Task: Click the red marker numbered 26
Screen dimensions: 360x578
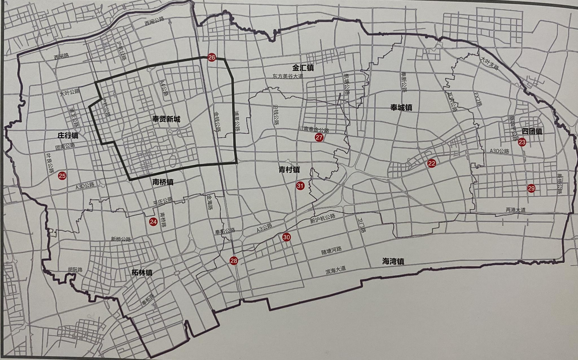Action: (x=211, y=58)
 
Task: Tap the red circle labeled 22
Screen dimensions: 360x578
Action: (x=431, y=163)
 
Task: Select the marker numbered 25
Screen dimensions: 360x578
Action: (x=62, y=176)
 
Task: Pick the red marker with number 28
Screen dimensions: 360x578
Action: (x=234, y=261)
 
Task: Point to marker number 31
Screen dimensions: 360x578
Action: (x=300, y=186)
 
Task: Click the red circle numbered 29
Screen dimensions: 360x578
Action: (x=531, y=188)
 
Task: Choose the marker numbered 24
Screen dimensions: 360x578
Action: (x=153, y=222)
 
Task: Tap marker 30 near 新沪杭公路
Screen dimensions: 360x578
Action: (x=286, y=237)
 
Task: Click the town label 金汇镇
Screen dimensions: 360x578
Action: (x=303, y=68)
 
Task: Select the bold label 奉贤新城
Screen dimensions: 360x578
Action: (x=166, y=119)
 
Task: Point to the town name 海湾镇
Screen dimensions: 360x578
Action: (x=393, y=261)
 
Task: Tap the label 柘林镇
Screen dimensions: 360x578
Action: (x=142, y=272)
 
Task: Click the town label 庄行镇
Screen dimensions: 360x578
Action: (x=68, y=136)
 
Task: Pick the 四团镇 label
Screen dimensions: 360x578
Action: (x=532, y=131)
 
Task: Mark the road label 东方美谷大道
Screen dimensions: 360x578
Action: (x=288, y=76)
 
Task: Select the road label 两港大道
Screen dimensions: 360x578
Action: (x=516, y=210)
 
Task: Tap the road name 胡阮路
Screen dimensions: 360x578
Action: (x=75, y=270)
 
